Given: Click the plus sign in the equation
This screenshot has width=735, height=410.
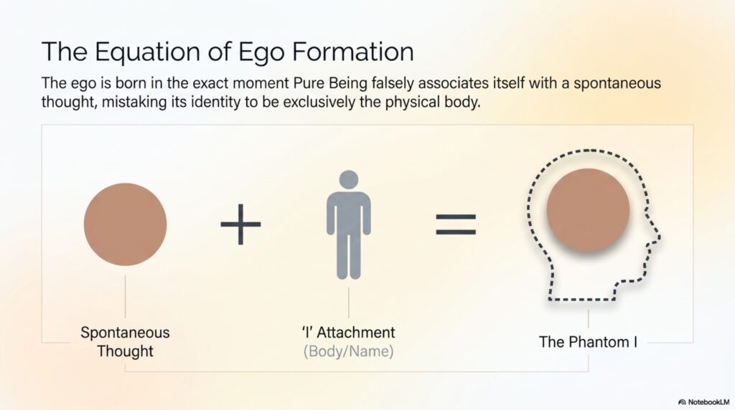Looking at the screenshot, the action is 240,224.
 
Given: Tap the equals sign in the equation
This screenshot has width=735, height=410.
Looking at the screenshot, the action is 456,224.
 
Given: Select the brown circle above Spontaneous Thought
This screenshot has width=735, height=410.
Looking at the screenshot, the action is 125,224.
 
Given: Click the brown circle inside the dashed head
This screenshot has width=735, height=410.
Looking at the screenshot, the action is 588,210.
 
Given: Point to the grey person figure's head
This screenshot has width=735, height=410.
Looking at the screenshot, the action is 349,180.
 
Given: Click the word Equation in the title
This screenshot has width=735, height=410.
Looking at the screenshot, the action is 148,52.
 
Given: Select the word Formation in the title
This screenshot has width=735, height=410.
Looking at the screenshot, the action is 352,51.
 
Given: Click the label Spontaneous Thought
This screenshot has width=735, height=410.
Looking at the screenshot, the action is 125,342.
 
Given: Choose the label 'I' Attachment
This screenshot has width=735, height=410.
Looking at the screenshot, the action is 349,333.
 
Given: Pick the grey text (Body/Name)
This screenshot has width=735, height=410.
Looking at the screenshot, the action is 349,351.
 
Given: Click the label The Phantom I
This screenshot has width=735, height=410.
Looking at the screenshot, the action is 588,342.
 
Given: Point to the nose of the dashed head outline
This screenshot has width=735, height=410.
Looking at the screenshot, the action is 659,234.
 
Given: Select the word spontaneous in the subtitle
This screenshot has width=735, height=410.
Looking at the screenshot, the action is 617,84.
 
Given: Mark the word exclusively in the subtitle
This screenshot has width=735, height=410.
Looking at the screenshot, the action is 319,102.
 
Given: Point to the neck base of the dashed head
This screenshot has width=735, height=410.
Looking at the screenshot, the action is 581,299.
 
